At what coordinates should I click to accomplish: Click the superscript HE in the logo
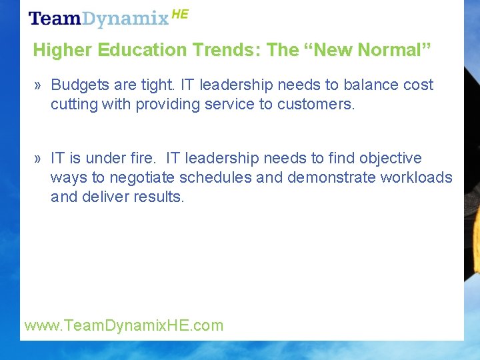tap(180, 13)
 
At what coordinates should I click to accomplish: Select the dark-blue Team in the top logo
tap(55, 18)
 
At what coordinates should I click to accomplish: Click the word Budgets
tap(79, 85)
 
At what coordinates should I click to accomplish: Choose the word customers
tap(316, 104)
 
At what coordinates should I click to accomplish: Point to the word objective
tap(391, 159)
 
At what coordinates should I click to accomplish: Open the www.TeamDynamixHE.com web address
tap(123, 326)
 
